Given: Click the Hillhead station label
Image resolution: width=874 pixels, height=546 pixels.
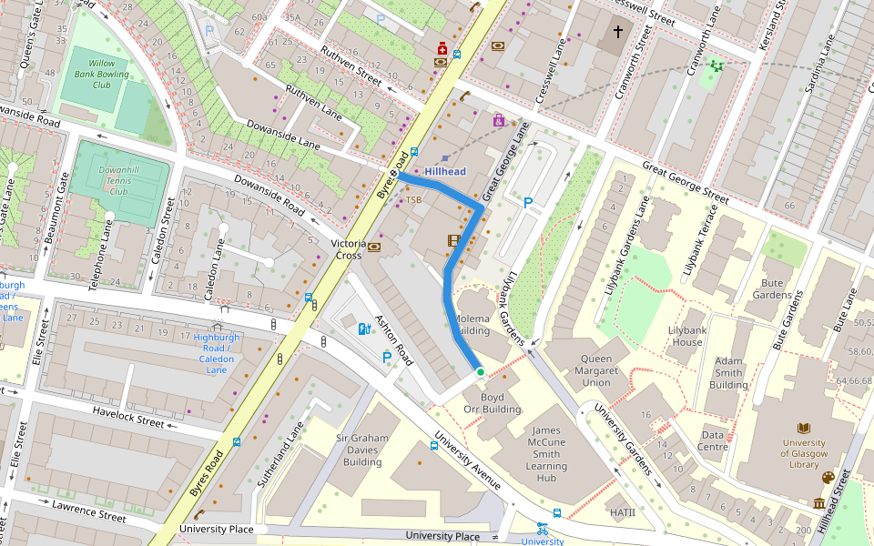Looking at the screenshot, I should tap(444, 171).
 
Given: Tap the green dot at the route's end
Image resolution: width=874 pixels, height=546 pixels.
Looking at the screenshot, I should tap(480, 371).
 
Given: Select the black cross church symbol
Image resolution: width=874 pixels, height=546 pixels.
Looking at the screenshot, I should tap(618, 32).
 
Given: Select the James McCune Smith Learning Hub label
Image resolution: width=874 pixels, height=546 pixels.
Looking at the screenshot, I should tap(546, 454).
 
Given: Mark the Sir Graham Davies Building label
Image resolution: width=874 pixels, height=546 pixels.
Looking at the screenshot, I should tap(362, 450).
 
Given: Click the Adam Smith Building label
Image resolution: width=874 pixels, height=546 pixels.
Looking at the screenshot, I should tap(728, 372).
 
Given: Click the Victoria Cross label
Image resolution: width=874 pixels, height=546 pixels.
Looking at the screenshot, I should tap(349, 249).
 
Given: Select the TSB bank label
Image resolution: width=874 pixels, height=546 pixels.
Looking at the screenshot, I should tap(413, 199).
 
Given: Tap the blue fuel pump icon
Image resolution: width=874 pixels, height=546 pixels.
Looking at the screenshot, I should tap(364, 329).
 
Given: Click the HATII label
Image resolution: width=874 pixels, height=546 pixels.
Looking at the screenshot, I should tap(623, 512).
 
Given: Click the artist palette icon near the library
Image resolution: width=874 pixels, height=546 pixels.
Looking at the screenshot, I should tap(828, 478).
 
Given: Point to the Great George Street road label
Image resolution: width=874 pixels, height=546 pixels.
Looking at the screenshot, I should tap(685, 182).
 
